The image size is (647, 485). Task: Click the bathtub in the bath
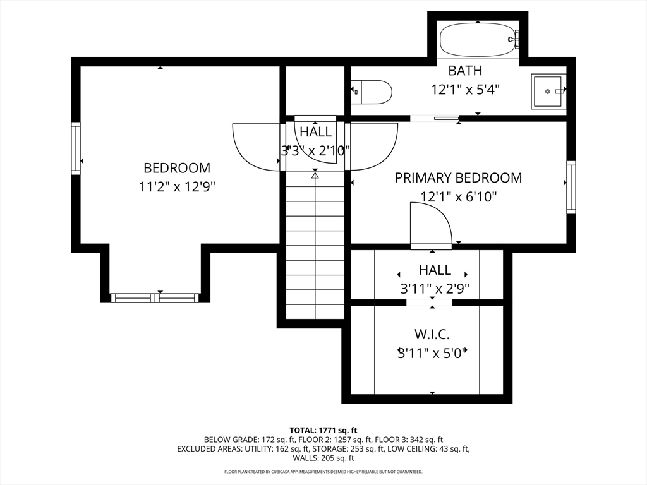[x=479, y=40]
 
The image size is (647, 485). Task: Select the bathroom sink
[x=548, y=91]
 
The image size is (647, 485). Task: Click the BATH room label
[x=465, y=71]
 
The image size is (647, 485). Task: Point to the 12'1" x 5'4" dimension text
[x=466, y=89]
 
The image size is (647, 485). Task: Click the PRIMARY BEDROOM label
[x=459, y=177]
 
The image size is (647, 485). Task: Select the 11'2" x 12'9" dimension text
[x=177, y=187]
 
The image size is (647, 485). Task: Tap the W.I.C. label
[x=432, y=334]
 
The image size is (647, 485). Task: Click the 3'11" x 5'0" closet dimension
[x=432, y=353]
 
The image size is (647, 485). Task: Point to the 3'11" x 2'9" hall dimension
[x=435, y=289]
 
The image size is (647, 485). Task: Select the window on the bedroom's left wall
[x=76, y=148]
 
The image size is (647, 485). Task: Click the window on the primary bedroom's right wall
[x=571, y=187]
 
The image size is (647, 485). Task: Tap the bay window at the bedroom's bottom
[x=155, y=298]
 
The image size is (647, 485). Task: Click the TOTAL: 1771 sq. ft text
[x=323, y=431]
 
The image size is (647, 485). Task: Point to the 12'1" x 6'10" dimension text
[x=459, y=197]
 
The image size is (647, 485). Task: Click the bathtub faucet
[x=513, y=39]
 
